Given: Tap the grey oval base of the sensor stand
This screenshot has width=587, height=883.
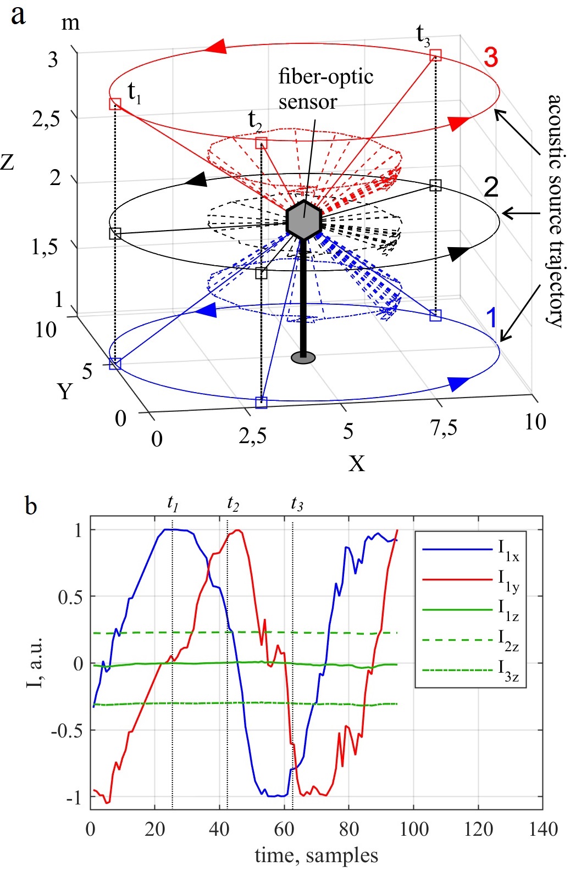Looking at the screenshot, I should (303, 358).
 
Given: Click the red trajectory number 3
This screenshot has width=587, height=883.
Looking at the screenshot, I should (491, 57).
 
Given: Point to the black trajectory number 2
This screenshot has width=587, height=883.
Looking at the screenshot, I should (491, 187).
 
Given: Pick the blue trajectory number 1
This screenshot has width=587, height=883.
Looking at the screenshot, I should (491, 317).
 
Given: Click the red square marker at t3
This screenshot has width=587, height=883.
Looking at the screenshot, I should (435, 54).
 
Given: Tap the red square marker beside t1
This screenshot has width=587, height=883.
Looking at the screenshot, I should (115, 104).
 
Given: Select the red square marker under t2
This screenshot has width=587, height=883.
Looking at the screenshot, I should (262, 143).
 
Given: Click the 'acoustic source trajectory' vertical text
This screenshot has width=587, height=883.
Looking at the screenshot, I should (555, 211).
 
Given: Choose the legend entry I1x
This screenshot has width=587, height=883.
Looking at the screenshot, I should (508, 550).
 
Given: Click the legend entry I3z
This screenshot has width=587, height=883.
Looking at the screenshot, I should (508, 670).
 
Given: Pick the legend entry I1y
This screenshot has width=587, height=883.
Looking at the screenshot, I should (508, 580).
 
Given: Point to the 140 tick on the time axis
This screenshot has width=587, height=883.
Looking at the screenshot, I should (543, 829).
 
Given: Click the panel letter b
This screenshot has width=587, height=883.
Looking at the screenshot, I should (31, 505).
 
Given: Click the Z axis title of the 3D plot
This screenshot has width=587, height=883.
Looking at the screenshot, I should (8, 161).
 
